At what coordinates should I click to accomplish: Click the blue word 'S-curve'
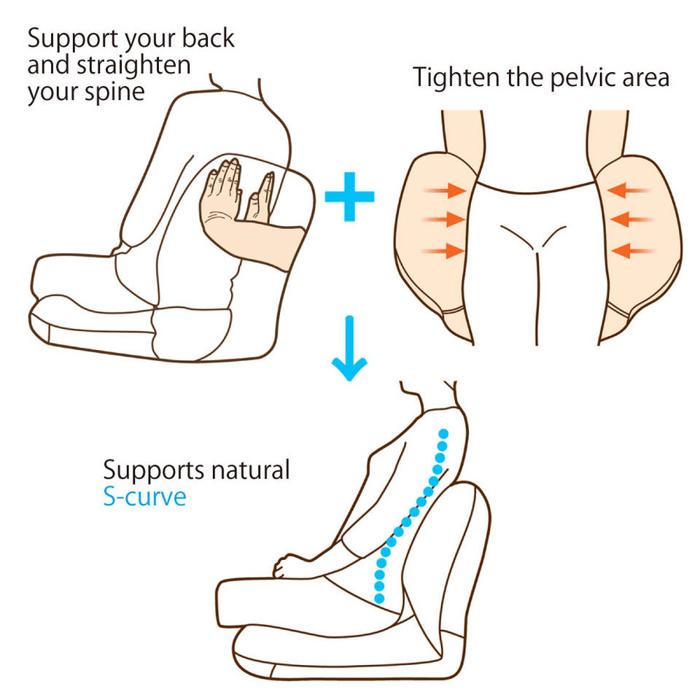click(144, 497)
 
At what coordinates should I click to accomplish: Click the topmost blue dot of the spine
click(442, 434)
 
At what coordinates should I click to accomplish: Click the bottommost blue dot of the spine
click(379, 598)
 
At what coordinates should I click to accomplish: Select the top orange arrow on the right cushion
click(629, 191)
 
